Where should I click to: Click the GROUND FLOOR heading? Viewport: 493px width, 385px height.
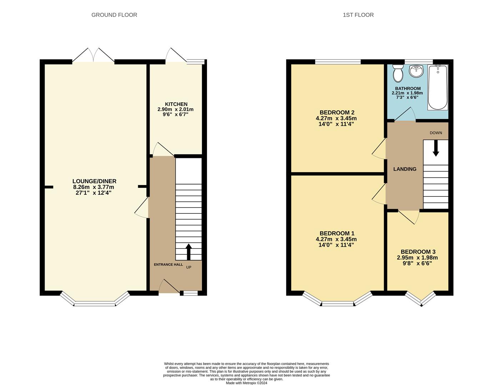pyautogui.click(x=114, y=15)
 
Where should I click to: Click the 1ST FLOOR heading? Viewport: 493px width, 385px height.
pyautogui.click(x=358, y=15)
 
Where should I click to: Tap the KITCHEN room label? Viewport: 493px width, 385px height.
pyautogui.click(x=176, y=104)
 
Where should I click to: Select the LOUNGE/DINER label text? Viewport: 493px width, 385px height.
pyautogui.click(x=94, y=181)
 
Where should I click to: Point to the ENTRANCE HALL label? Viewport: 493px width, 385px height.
pyautogui.click(x=168, y=265)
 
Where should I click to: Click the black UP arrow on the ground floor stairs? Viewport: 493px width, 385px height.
pyautogui.click(x=189, y=252)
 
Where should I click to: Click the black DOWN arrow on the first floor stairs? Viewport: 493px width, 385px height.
pyautogui.click(x=436, y=148)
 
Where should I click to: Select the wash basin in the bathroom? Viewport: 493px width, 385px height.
pyautogui.click(x=416, y=71)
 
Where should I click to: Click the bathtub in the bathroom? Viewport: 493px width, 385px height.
pyautogui.click(x=438, y=87)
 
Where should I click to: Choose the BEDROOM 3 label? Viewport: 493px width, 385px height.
pyautogui.click(x=418, y=252)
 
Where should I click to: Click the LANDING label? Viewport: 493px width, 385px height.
pyautogui.click(x=405, y=169)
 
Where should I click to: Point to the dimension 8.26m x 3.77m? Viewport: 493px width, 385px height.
pyautogui.click(x=94, y=187)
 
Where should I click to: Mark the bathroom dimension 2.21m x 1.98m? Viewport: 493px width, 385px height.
pyautogui.click(x=407, y=93)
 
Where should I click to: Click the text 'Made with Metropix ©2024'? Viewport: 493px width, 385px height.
pyautogui.click(x=246, y=383)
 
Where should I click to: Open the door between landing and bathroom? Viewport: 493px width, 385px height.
pyautogui.click(x=405, y=115)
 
